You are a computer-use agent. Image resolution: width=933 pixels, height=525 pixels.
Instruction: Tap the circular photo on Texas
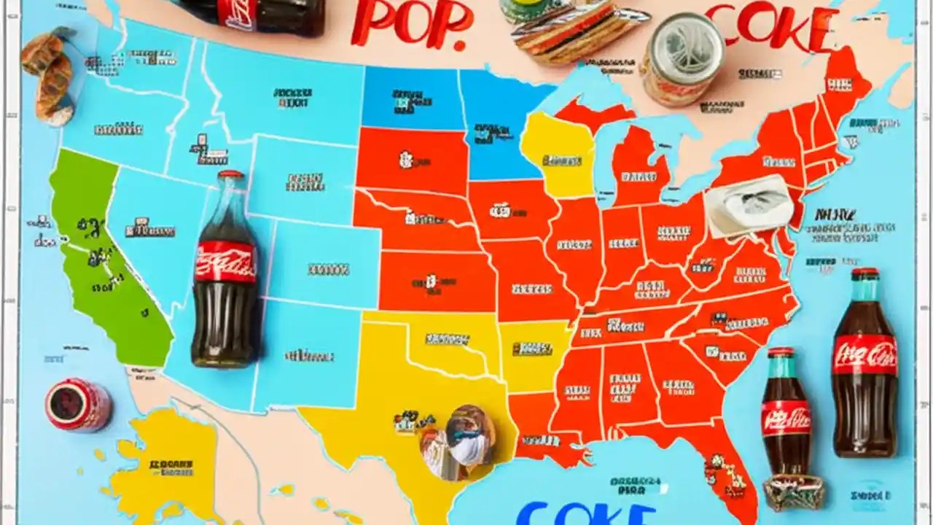(458, 442)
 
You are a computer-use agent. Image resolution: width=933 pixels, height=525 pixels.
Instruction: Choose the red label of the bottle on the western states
(225, 262)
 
